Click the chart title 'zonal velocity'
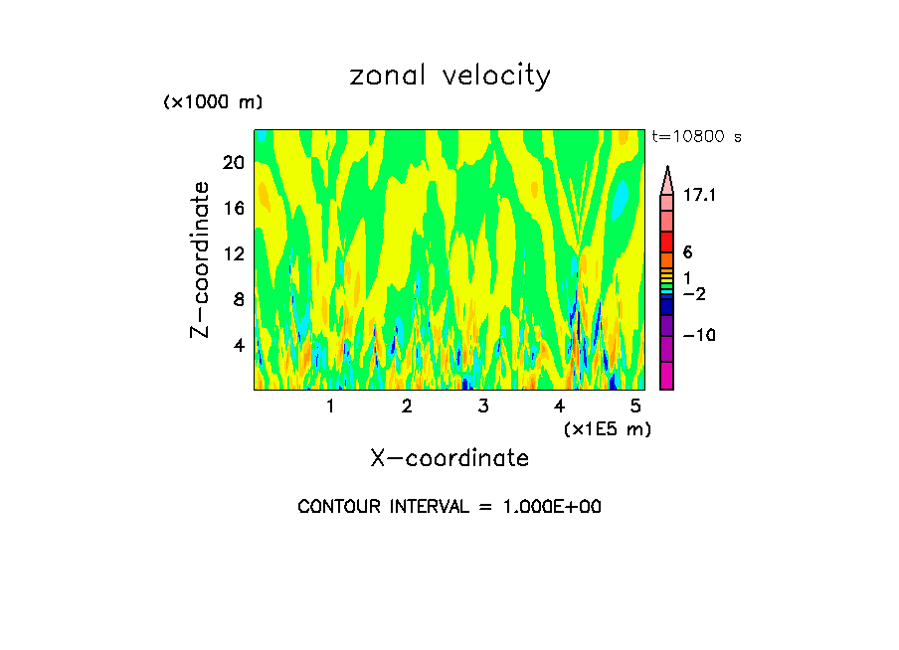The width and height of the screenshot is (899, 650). (449, 76)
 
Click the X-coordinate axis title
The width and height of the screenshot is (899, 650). (449, 458)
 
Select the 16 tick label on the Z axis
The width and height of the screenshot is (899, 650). (233, 209)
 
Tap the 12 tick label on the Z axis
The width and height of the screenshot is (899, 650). (233, 254)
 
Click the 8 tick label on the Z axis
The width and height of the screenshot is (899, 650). (238, 300)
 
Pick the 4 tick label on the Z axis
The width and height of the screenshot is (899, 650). (238, 346)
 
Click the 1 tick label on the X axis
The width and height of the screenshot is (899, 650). (330, 406)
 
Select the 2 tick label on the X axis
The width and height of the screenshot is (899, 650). (407, 406)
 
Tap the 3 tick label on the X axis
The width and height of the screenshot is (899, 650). (483, 406)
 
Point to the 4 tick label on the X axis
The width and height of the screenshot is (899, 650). (560, 406)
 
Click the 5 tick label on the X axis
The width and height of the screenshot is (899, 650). (636, 406)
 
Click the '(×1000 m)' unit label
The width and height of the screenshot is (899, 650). (213, 103)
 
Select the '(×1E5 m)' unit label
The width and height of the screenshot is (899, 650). (608, 428)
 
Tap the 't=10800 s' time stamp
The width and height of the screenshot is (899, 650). (696, 137)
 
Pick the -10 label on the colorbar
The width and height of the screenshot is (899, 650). (699, 335)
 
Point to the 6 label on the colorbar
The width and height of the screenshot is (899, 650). (687, 252)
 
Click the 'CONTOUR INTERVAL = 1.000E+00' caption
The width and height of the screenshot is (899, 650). (449, 507)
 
